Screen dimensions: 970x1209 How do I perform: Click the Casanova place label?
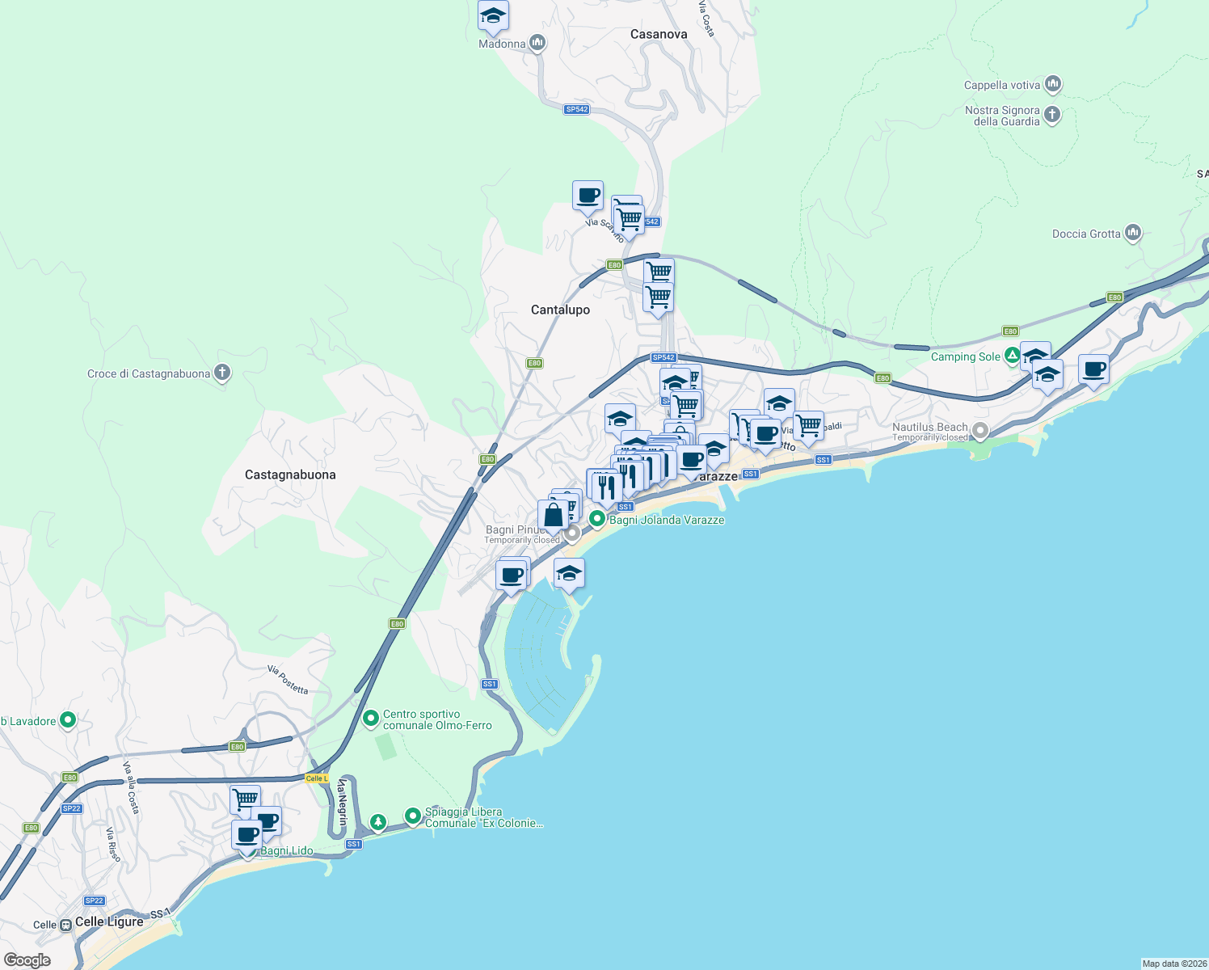pos(659,34)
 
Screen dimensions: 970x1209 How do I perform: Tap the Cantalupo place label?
pos(560,310)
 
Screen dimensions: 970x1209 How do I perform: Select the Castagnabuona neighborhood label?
pos(290,474)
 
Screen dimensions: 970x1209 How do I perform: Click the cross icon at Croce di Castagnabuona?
pos(222,373)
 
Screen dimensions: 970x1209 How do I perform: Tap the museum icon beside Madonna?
pos(537,44)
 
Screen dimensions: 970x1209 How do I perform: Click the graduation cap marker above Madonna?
pos(493,16)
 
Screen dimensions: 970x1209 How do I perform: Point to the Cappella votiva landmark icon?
pos(1052,84)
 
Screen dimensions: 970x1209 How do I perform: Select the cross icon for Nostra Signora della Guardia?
pos(1051,115)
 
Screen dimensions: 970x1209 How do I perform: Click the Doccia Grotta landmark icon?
pos(1132,233)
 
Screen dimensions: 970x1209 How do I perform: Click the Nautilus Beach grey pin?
pos(979,431)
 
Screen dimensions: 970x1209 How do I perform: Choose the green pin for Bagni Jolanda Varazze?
pos(597,519)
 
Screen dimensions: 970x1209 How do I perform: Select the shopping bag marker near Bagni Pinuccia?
pos(553,515)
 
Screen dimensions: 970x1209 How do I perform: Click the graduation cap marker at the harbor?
pos(569,573)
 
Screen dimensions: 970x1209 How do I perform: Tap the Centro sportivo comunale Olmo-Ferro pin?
pos(371,718)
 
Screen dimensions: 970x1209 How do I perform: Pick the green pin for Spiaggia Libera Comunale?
pos(413,816)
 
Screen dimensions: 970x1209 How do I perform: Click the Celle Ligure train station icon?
pos(65,925)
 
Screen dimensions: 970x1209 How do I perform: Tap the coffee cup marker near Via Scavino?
pos(588,196)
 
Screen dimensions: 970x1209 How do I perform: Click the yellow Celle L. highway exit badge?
pos(317,778)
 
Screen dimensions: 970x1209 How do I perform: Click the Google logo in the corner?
pos(27,959)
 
